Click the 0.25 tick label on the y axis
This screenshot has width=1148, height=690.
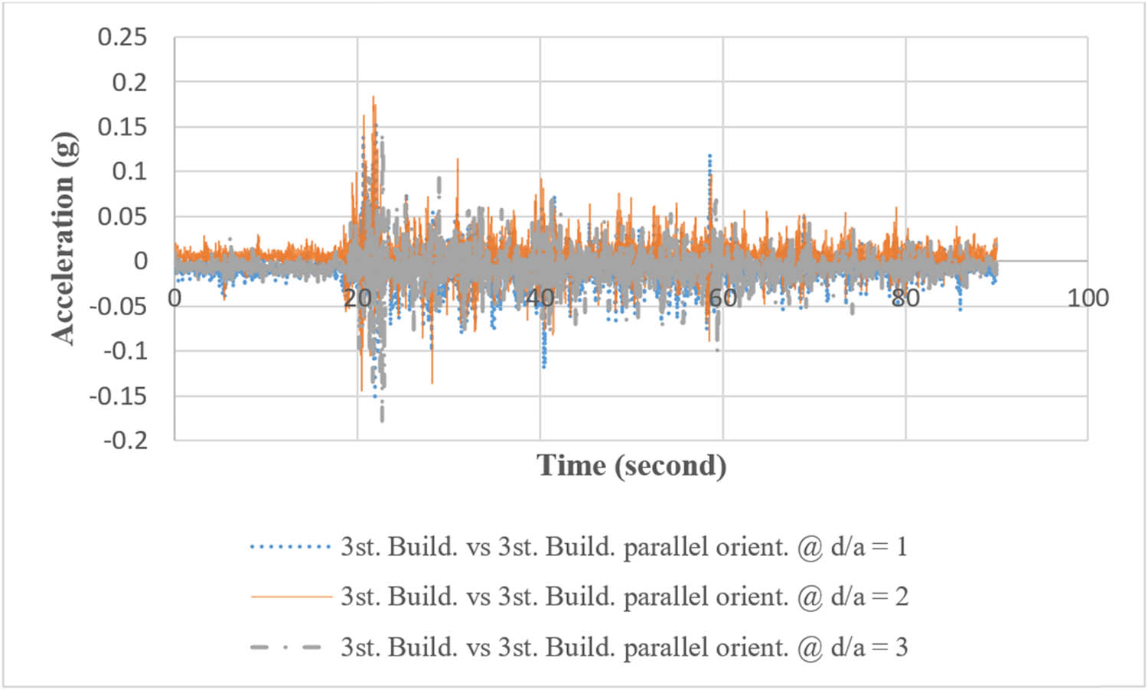[x=122, y=37]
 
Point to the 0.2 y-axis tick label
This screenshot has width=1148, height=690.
[x=129, y=82]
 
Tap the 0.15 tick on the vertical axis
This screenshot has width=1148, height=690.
[x=122, y=127]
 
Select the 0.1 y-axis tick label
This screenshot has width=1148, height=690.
[x=129, y=171]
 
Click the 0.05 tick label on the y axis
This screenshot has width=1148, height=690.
[x=122, y=216]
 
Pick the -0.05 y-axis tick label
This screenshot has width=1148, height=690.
[x=118, y=307]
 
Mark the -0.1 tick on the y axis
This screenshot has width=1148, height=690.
[x=125, y=351]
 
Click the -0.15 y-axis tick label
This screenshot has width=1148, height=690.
[x=118, y=396]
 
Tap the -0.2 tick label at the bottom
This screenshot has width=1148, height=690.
[x=125, y=441]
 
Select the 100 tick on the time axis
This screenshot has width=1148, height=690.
[x=1088, y=298]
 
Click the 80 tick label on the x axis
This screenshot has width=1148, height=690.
[x=905, y=298]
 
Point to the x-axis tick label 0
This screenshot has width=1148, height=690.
[x=174, y=298]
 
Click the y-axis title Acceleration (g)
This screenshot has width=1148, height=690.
[x=64, y=238]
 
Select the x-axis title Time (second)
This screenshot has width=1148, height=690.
[x=631, y=466]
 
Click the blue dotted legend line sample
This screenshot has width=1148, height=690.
[x=290, y=547]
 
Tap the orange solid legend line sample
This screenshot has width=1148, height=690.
[x=290, y=597]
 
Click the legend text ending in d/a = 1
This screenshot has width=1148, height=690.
[x=624, y=547]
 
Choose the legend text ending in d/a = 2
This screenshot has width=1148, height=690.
[x=624, y=597]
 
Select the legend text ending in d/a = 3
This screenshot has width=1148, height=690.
[x=624, y=647]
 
